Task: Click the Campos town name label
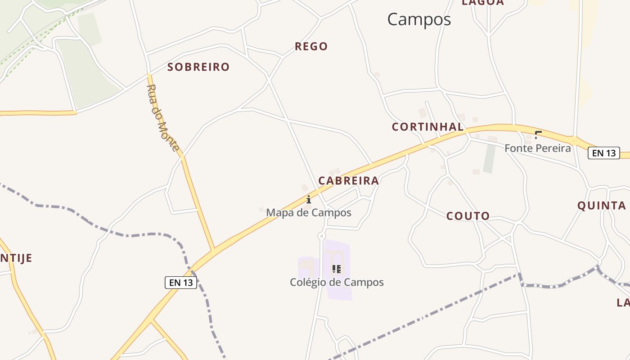(x=419, y=19)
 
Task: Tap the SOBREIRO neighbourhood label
(x=198, y=67)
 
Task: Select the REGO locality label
(x=311, y=46)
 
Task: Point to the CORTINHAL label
(x=427, y=127)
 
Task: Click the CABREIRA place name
(x=349, y=181)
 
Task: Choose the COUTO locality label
(x=468, y=216)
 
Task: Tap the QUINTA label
(x=602, y=206)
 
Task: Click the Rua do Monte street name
(x=163, y=118)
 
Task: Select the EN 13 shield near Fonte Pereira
(x=603, y=153)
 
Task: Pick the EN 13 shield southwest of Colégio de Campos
(x=181, y=283)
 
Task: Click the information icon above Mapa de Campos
(x=309, y=199)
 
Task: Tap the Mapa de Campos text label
(x=309, y=212)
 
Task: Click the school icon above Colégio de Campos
(x=336, y=269)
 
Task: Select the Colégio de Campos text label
(x=337, y=282)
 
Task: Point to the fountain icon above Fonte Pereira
(x=537, y=135)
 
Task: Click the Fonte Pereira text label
(x=537, y=148)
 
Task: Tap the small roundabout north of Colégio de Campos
(x=321, y=236)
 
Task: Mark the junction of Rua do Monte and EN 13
(x=213, y=249)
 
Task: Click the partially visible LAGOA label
(x=483, y=3)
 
